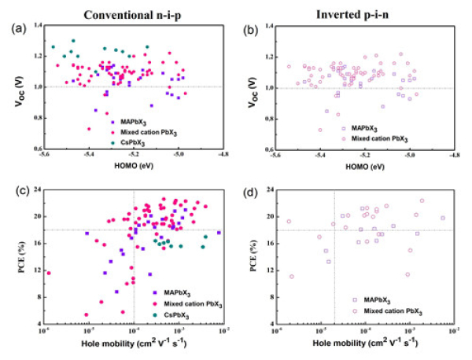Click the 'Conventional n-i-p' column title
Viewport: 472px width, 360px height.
pyautogui.click(x=127, y=9)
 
